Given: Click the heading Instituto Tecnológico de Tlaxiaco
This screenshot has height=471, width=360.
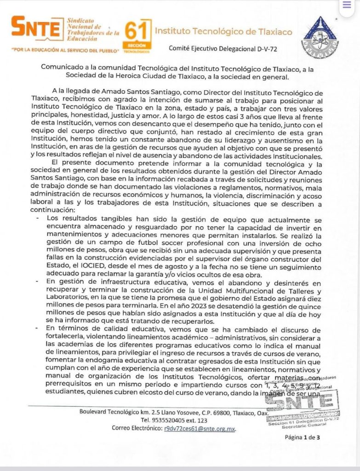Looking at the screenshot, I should pyautogui.click(x=223, y=32).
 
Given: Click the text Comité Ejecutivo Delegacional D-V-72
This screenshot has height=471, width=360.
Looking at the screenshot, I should pyautogui.click(x=223, y=47).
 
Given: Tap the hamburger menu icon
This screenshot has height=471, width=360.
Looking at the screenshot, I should pyautogui.click(x=347, y=6).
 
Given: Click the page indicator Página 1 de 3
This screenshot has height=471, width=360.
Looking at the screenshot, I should pyautogui.click(x=302, y=437).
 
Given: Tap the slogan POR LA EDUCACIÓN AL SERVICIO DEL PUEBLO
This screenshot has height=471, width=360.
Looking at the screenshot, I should pyautogui.click(x=66, y=48).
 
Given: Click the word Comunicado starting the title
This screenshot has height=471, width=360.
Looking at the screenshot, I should pyautogui.click(x=60, y=67).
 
